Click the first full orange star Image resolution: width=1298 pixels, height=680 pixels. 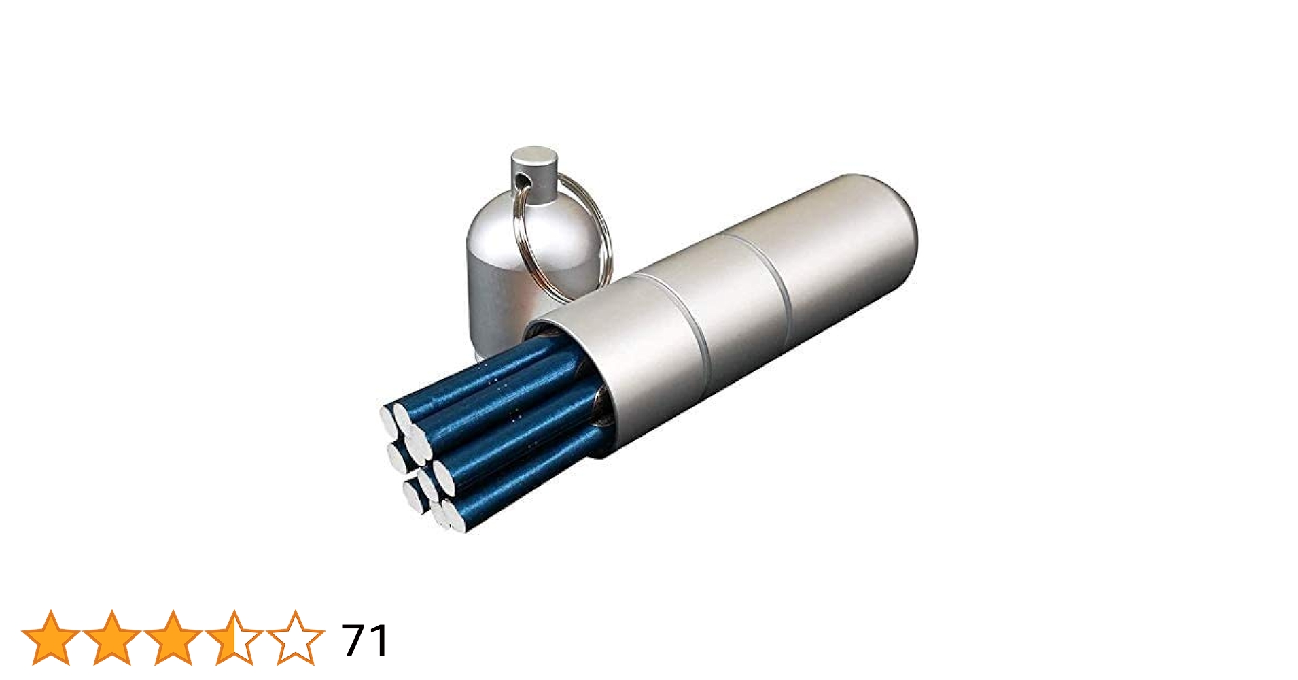pyautogui.click(x=51, y=639)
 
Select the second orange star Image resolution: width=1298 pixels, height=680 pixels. pyautogui.click(x=111, y=639)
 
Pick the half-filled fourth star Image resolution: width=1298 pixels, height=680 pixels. pyautogui.click(x=234, y=639)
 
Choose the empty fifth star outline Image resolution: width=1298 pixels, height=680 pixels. pyautogui.click(x=295, y=639)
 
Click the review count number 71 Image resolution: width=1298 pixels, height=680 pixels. pyautogui.click(x=365, y=640)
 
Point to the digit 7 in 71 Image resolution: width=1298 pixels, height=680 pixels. pyautogui.click(x=355, y=640)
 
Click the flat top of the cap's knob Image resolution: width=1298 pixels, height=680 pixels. pyautogui.click(x=534, y=156)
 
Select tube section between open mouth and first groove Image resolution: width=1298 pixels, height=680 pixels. pyautogui.click(x=639, y=360)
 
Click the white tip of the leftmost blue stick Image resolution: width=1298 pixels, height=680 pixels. pyautogui.click(x=388, y=419)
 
